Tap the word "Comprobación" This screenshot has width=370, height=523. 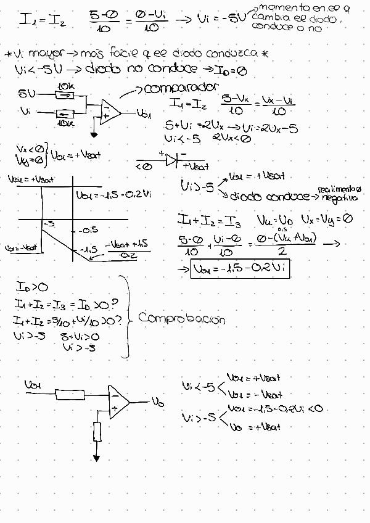tap(182, 319)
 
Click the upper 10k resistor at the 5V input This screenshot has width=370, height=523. tap(65, 94)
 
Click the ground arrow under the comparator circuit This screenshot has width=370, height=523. tap(93, 134)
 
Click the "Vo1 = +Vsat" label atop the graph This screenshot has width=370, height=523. tap(31, 179)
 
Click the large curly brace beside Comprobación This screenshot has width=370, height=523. tap(127, 316)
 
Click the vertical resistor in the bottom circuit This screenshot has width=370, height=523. tap(97, 432)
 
